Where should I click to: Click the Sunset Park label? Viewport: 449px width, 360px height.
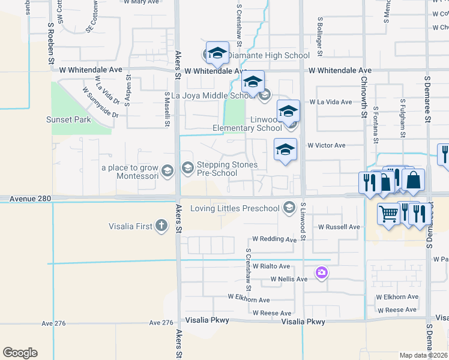(68, 119)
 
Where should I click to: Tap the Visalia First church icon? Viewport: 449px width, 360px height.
(161, 226)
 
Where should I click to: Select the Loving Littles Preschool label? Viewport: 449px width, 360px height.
(235, 209)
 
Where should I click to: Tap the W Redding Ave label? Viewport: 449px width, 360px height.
(274, 239)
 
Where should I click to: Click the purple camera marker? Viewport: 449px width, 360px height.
(322, 274)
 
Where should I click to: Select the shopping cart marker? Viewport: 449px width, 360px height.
(389, 212)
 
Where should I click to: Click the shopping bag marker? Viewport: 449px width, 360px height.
(413, 179)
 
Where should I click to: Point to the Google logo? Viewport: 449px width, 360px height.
(20, 353)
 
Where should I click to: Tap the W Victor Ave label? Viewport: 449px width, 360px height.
(327, 145)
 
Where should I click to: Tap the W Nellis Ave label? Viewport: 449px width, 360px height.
(289, 279)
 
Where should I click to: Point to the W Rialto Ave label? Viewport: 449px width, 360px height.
(271, 266)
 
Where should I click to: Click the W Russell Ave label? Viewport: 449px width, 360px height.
(339, 227)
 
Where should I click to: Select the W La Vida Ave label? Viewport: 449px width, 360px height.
(331, 102)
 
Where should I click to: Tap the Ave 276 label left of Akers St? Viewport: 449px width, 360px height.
(56, 323)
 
